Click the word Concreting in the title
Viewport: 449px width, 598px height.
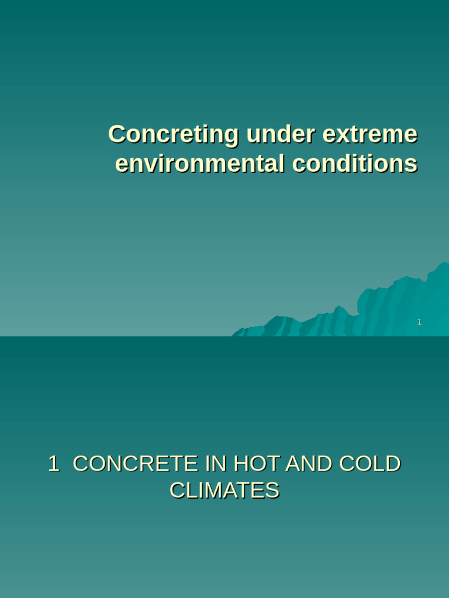coord(173,134)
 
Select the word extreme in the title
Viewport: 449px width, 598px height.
coord(369,134)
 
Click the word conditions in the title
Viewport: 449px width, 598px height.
coord(355,164)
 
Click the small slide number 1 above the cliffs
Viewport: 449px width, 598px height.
coord(419,322)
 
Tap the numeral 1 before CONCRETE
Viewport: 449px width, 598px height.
coord(53,464)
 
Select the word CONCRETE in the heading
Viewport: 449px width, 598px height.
coord(135,464)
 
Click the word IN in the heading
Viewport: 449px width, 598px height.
coord(216,464)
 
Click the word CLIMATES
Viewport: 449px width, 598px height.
coord(224,491)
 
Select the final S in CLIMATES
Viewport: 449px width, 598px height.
coord(273,491)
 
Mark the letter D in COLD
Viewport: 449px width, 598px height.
coord(393,464)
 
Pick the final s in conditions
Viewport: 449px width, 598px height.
coord(412,164)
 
